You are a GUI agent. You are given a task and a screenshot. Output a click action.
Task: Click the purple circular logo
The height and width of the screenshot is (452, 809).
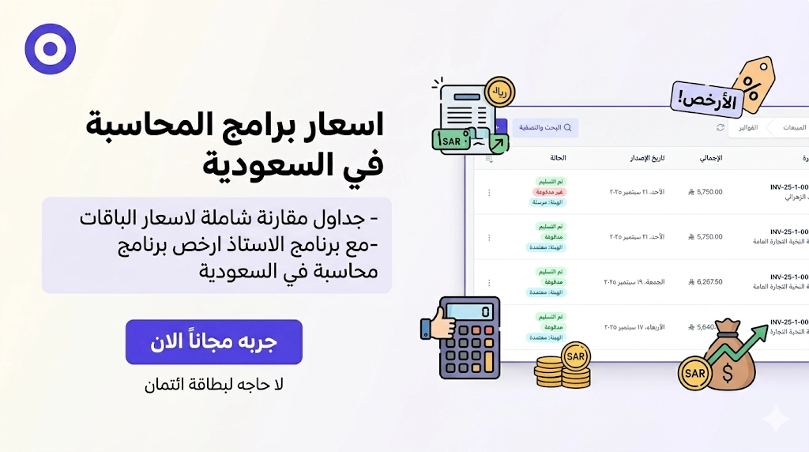[x=50, y=49]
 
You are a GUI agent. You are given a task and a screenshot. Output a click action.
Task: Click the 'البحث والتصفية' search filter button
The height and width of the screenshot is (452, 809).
[x=545, y=127]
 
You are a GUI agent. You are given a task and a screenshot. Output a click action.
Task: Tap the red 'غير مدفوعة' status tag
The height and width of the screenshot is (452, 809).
[x=549, y=192]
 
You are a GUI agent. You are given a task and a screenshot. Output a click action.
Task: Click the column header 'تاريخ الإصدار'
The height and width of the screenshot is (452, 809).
[x=649, y=158]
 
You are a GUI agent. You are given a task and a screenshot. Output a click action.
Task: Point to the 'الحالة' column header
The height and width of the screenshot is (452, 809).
[x=558, y=158]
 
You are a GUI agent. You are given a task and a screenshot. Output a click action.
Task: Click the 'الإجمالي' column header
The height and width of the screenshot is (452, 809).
[x=710, y=158]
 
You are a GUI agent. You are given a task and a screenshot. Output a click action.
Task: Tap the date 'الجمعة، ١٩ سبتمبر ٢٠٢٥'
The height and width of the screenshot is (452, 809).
[x=634, y=281]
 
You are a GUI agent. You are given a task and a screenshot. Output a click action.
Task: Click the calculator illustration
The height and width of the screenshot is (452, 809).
[x=471, y=337]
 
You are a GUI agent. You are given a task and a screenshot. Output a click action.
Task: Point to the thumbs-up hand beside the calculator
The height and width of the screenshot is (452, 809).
[x=436, y=324]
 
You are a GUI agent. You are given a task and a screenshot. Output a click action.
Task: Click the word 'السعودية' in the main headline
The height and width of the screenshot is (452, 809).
[x=293, y=164]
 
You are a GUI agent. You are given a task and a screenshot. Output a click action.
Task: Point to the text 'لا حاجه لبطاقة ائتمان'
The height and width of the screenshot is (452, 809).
[x=213, y=386]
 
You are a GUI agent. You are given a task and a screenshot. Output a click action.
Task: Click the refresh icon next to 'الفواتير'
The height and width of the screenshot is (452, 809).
[x=721, y=127]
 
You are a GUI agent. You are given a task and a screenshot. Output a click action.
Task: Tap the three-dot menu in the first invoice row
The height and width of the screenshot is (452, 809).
[x=489, y=192]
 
